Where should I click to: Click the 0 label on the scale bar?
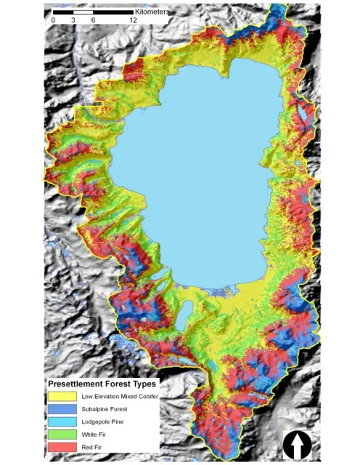pos(53,20)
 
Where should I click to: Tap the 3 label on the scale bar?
pos(73,20)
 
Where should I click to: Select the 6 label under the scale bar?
pos(94,20)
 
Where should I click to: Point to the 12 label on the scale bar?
pos(133,20)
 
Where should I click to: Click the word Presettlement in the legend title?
pos(76,383)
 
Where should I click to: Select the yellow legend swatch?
pos(62,397)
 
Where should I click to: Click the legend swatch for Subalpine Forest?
pos(62,411)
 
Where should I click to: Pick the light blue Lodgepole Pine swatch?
pos(62,424)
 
